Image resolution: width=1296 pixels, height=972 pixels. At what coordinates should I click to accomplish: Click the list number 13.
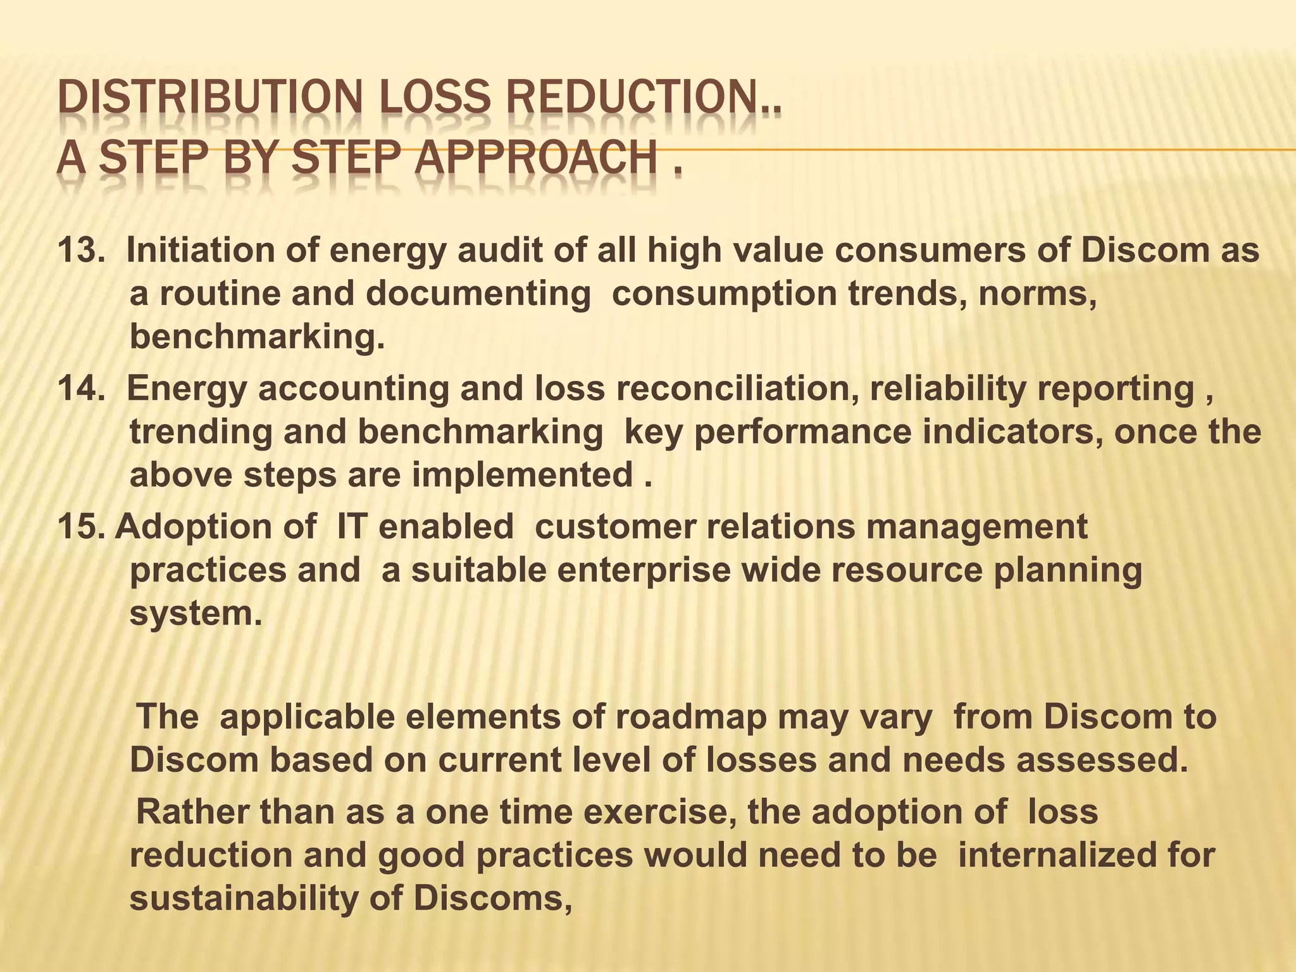(x=80, y=251)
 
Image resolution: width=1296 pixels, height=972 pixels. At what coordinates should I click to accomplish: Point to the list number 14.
(x=80, y=389)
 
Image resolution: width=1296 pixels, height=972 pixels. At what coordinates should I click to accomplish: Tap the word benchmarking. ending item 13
(x=257, y=337)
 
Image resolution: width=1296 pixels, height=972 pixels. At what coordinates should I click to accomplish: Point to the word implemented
(x=523, y=475)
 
